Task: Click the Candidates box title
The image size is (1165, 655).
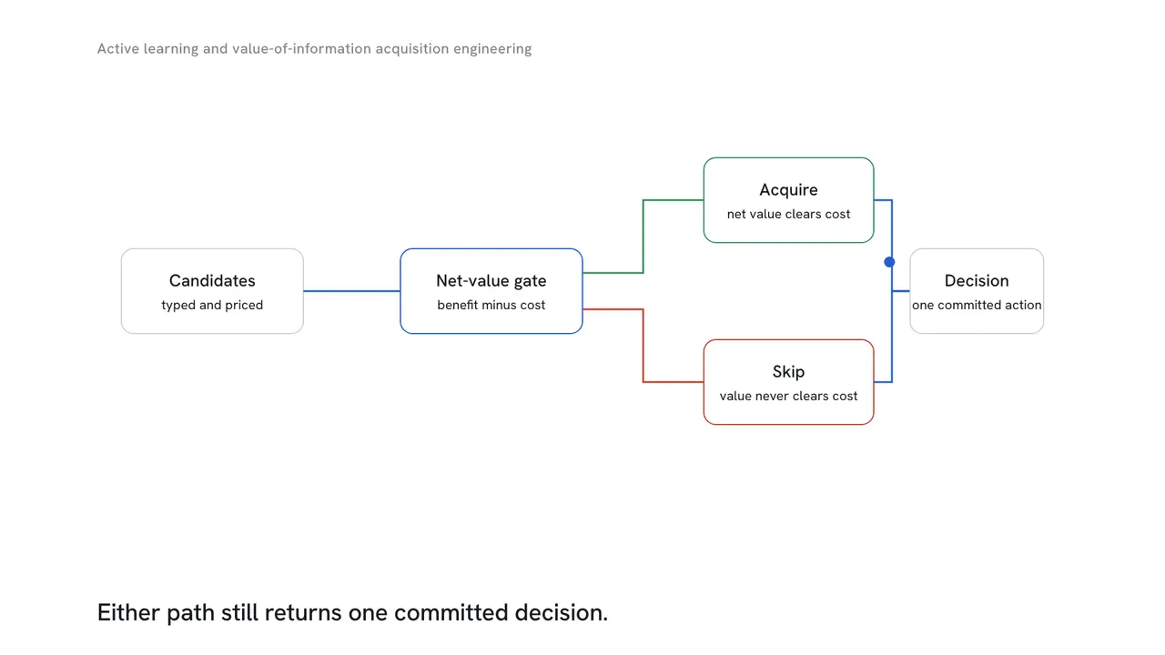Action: [x=212, y=281]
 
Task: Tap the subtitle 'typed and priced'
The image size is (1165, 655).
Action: [x=212, y=305]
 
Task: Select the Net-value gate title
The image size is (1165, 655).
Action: [x=491, y=281]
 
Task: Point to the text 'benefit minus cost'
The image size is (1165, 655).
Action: [x=491, y=305]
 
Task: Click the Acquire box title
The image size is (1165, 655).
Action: [x=788, y=190]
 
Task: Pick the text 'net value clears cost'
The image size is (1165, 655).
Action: [x=788, y=214]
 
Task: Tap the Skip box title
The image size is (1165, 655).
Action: [x=788, y=372]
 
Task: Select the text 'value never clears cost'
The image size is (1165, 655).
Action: [x=788, y=396]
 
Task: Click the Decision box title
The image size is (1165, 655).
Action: [x=977, y=281]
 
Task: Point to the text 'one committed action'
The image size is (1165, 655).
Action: [x=977, y=305]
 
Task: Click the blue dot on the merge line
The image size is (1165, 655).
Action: [x=889, y=262]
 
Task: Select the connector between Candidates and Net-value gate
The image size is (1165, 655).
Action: [x=351, y=291]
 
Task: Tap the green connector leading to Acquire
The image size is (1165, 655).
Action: [x=643, y=236]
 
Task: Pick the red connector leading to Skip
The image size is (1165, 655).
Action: [x=643, y=346]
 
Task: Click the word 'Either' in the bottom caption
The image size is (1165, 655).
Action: [x=128, y=612]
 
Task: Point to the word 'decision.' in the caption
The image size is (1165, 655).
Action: [x=562, y=613]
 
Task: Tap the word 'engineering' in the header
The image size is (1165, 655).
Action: [x=492, y=49]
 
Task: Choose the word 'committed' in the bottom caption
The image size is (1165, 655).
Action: [x=451, y=612]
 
